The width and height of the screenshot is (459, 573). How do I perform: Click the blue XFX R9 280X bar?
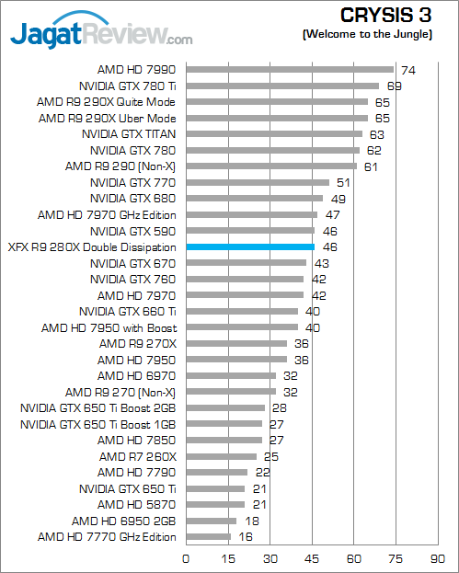250,247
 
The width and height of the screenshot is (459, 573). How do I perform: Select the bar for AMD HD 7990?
290,69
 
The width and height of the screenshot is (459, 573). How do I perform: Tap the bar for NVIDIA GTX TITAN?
274,133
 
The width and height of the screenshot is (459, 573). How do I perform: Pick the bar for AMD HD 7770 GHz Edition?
209,536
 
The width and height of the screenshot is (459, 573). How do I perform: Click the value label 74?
408,70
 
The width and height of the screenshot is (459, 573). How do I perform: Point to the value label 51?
343,183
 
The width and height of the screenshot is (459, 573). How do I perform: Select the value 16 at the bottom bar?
246,537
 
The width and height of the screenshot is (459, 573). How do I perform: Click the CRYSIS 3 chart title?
386,16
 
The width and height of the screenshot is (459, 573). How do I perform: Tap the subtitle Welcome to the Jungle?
367,34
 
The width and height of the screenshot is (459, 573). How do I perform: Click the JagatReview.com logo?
101,31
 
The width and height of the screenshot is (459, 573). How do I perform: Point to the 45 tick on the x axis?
312,559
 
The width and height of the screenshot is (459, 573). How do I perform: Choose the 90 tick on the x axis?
438,559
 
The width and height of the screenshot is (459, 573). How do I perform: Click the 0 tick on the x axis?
186,559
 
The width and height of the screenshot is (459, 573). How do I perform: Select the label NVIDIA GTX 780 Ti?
128,86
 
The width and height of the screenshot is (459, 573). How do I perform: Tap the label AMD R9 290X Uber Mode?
107,119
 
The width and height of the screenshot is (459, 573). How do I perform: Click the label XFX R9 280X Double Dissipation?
92,247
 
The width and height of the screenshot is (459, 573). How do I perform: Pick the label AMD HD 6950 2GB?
123,521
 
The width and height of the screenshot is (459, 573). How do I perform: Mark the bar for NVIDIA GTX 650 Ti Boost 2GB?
225,407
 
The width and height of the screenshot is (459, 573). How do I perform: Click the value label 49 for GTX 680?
338,200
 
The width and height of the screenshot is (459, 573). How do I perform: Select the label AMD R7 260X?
138,457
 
